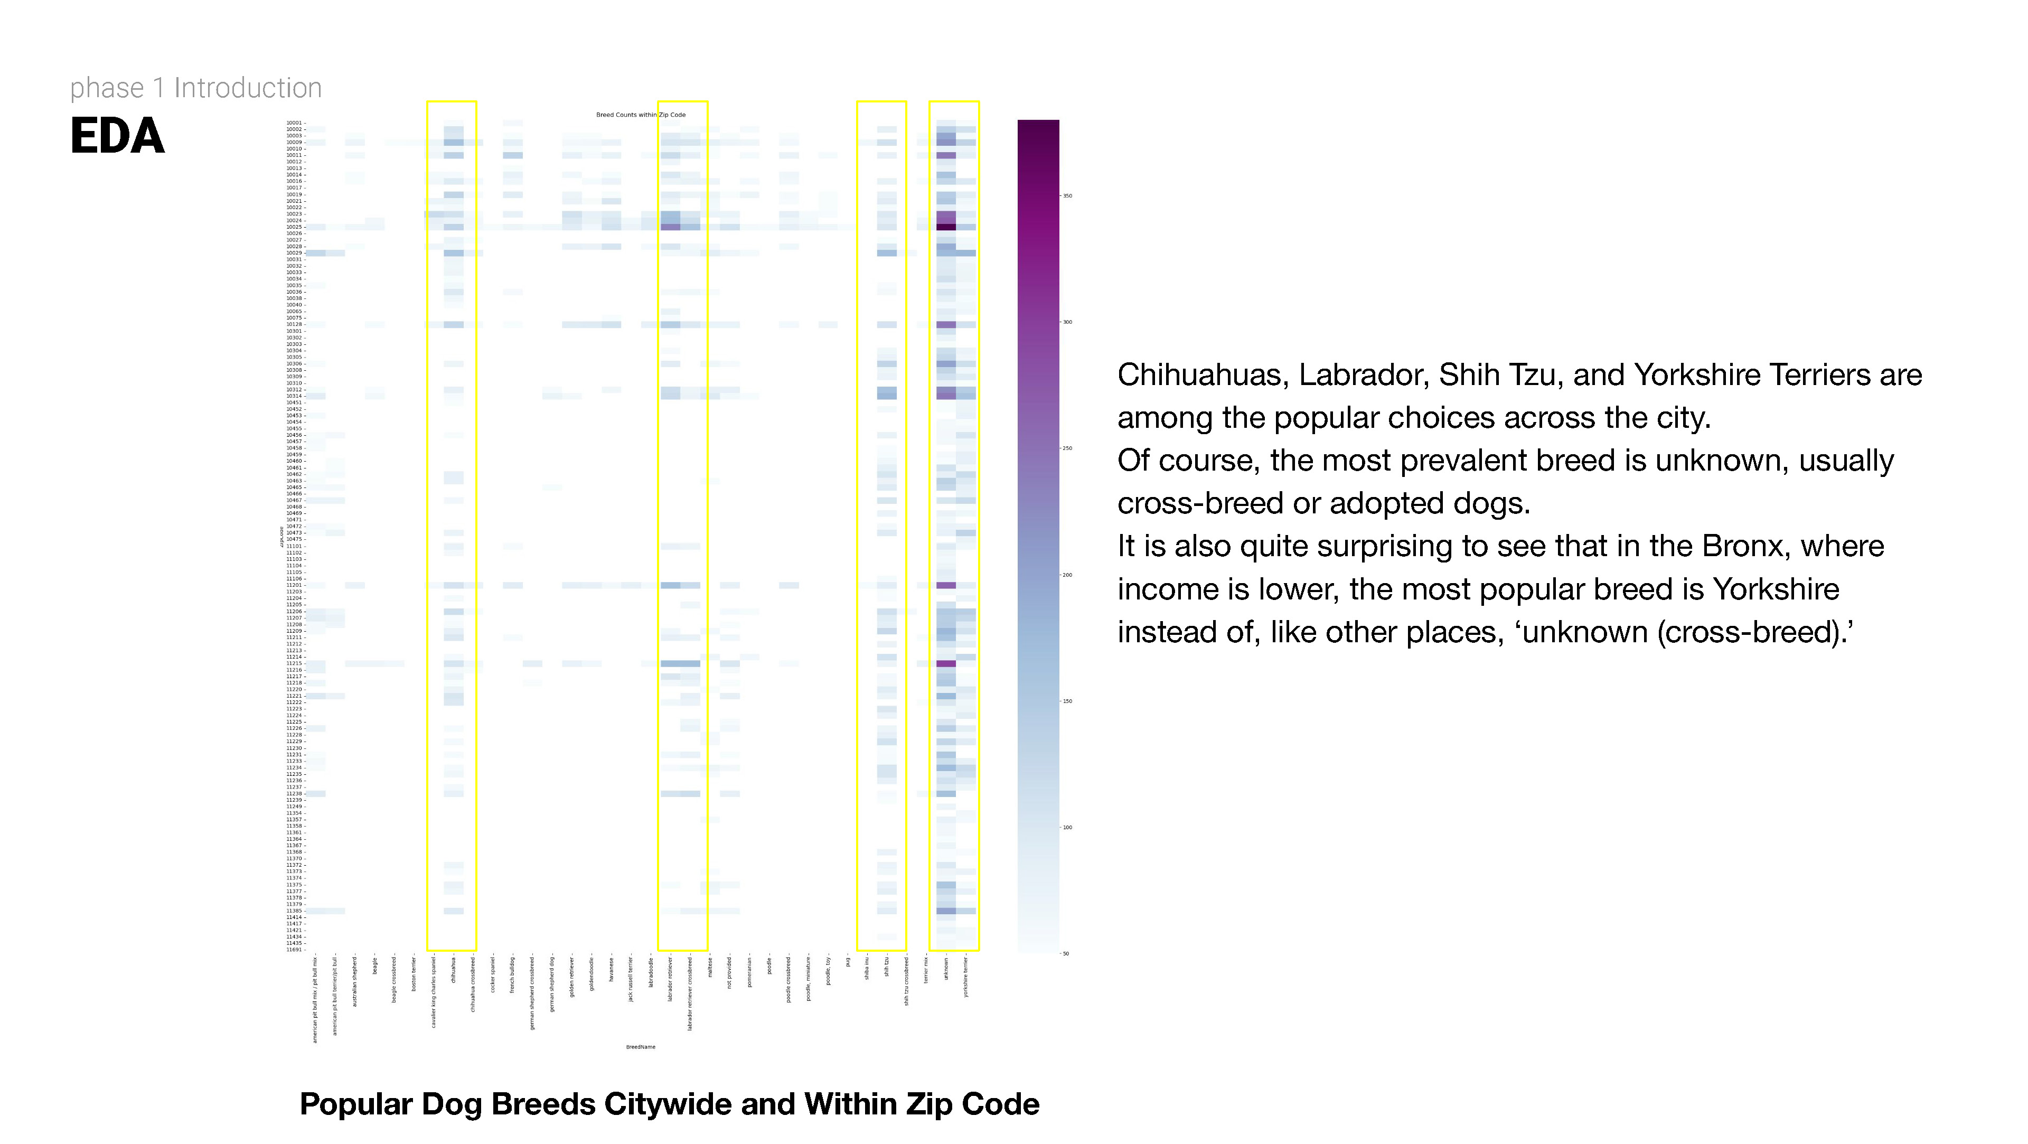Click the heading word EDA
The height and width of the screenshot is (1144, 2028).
point(117,136)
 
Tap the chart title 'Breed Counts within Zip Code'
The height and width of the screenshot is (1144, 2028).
point(640,115)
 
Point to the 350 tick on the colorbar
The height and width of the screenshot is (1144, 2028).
point(1067,196)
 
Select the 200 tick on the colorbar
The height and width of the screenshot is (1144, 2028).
point(1067,575)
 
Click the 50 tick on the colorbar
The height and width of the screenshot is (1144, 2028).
point(1066,953)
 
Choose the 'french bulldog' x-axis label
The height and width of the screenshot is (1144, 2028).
point(512,974)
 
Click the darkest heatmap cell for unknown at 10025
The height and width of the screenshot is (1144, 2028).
point(946,227)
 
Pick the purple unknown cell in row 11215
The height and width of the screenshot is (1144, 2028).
point(946,664)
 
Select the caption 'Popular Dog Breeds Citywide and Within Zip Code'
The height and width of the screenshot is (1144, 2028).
point(669,1104)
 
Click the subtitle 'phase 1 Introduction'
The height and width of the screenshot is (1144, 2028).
point(196,88)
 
